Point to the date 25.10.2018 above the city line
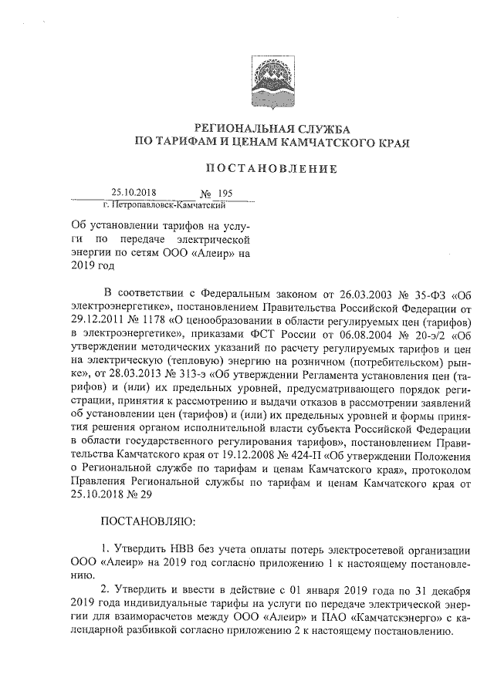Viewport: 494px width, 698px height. (x=134, y=194)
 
